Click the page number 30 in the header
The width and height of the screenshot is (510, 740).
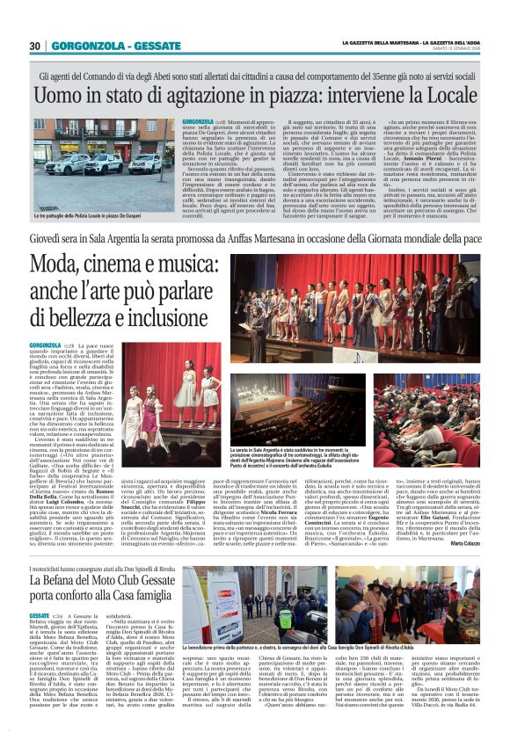click(35, 47)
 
